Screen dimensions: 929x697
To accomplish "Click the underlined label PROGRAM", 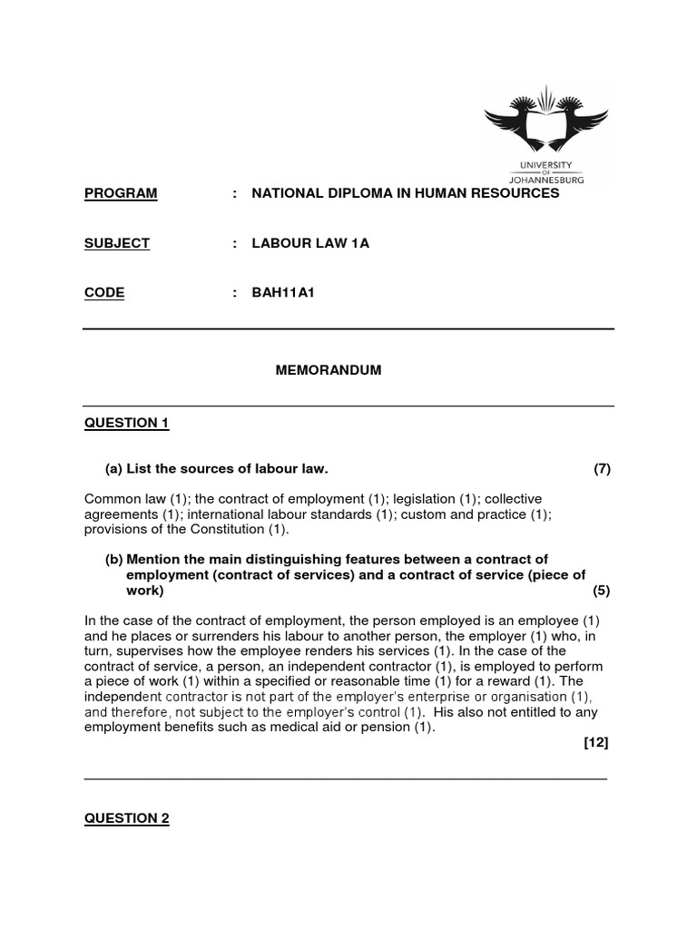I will (x=121, y=193).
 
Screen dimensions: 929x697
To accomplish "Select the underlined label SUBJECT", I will (x=117, y=243).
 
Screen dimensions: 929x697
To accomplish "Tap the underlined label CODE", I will (x=104, y=292).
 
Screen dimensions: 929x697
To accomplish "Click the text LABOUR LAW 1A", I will (x=310, y=243).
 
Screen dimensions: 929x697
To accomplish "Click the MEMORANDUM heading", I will (x=329, y=370).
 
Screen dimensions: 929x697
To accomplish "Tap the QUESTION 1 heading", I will (x=127, y=423).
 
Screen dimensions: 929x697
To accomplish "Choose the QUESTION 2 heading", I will (x=127, y=818).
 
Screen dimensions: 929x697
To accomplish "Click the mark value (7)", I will (x=603, y=469).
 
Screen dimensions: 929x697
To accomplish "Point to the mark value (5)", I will (x=603, y=591).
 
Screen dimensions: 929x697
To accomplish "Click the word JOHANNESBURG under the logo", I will (x=545, y=180).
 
